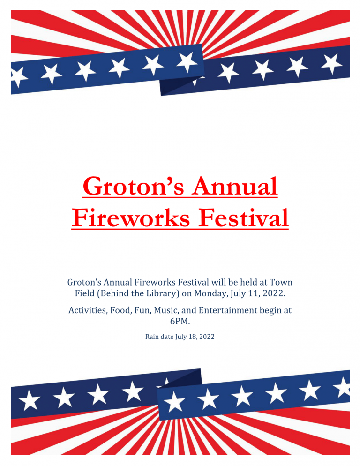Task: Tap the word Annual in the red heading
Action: click(x=234, y=186)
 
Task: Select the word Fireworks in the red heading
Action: click(x=130, y=218)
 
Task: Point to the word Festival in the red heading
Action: click(x=243, y=218)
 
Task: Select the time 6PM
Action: click(x=180, y=321)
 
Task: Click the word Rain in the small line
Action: click(x=151, y=337)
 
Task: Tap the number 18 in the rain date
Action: click(x=193, y=337)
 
